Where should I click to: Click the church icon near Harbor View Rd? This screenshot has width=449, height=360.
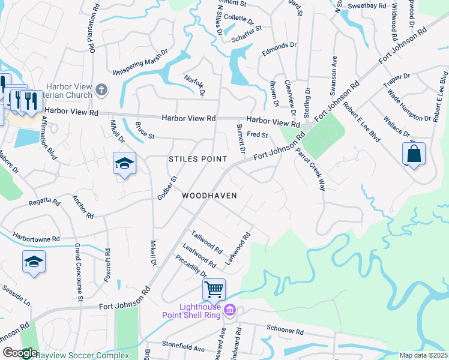pyautogui.click(x=101, y=91)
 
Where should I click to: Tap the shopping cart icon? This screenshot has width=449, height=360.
pyautogui.click(x=214, y=290)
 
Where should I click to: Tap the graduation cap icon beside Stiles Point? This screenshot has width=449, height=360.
pyautogui.click(x=124, y=163)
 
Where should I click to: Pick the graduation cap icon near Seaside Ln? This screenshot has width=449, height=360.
pyautogui.click(x=34, y=262)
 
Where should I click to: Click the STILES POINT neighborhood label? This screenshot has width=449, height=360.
pyautogui.click(x=197, y=159)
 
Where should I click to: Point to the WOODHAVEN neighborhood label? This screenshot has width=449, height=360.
pyautogui.click(x=209, y=196)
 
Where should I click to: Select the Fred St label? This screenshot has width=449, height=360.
pyautogui.click(x=257, y=135)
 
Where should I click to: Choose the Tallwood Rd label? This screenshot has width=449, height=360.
pyautogui.click(x=207, y=241)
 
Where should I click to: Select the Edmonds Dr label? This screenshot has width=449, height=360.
pyautogui.click(x=279, y=49)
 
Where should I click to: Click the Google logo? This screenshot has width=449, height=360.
pyautogui.click(x=19, y=353)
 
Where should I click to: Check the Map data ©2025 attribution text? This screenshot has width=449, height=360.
pyautogui.click(x=423, y=355)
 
